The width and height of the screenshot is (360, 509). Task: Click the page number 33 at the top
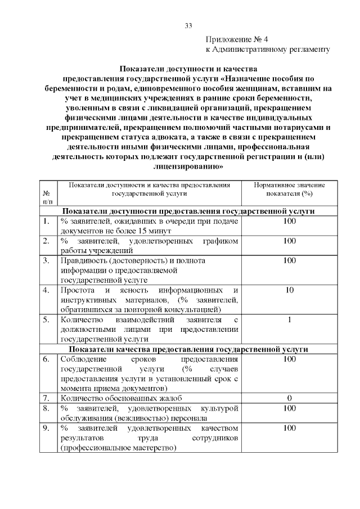coord(188,26)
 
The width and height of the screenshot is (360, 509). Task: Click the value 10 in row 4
coord(290,290)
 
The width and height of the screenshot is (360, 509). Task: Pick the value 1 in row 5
coord(290,320)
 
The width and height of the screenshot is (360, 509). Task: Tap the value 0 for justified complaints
coord(290,398)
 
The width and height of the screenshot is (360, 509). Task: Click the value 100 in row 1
coord(290,221)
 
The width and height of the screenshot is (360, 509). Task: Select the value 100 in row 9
coord(290,428)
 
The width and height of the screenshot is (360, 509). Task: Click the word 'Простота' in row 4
coord(77,290)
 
